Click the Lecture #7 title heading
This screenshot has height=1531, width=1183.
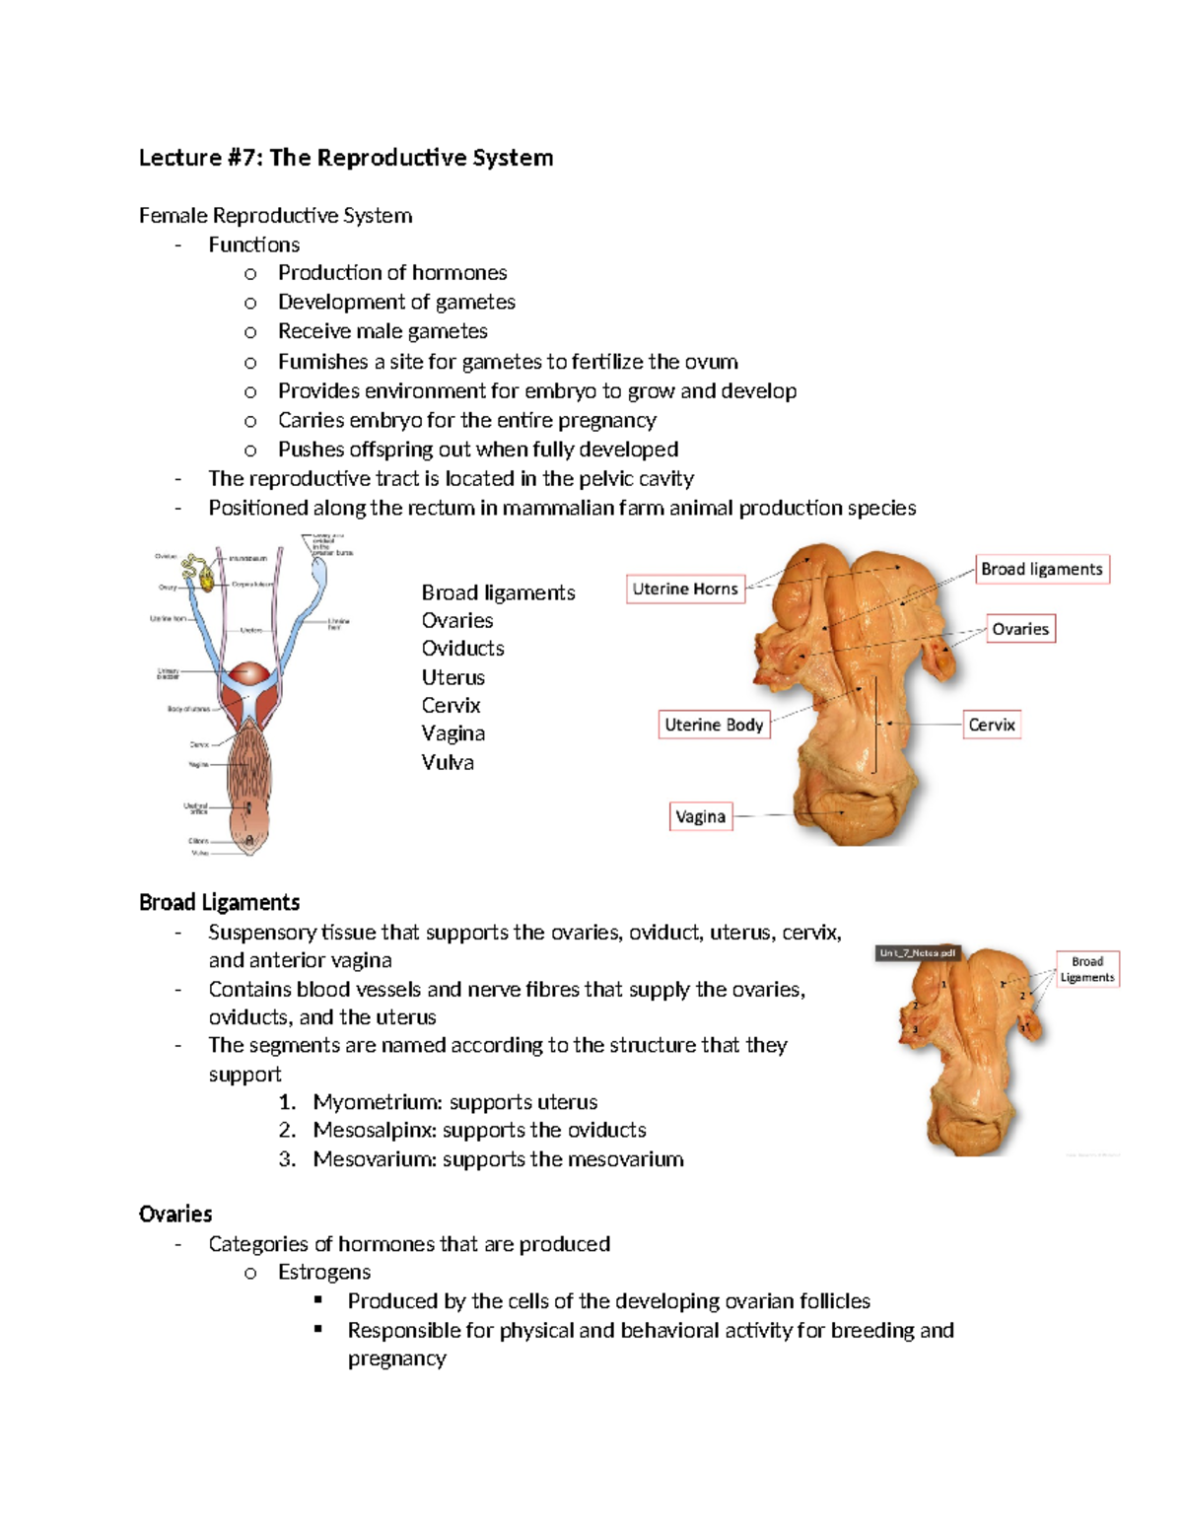[345, 158]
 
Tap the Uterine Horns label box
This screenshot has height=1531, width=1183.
[685, 589]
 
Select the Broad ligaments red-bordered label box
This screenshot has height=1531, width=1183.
[1042, 569]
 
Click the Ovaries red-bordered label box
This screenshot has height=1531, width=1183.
[1020, 629]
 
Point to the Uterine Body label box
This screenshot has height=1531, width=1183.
[714, 725]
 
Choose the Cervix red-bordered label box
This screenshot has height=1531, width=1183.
[991, 725]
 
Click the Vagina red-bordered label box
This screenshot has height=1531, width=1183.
[701, 816]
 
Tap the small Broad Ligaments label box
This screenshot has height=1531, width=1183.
[1087, 969]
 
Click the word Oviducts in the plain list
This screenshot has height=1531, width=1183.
[462, 649]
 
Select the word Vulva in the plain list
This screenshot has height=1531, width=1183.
[448, 762]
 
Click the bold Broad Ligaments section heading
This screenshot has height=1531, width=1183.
[219, 902]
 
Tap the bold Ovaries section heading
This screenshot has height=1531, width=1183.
[175, 1214]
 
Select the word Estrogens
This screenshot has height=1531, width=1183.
[324, 1272]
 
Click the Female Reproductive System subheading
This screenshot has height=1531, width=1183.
[275, 215]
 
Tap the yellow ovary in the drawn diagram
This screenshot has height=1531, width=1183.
[207, 580]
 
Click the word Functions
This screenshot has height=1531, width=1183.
[253, 244]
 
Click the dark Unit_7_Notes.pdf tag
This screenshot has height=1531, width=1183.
[918, 953]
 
